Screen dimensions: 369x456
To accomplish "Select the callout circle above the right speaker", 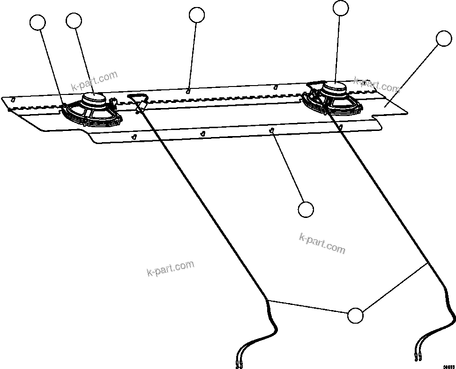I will pyautogui.click(x=341, y=8).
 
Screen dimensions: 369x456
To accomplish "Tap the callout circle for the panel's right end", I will pyautogui.click(x=443, y=39).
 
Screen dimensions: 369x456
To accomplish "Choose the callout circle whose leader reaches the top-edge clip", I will pyautogui.click(x=197, y=15).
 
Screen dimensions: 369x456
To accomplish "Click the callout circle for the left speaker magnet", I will pyautogui.click(x=74, y=20).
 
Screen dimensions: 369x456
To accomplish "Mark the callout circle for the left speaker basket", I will pyautogui.click(x=37, y=22).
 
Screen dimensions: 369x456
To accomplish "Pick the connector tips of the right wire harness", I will pyautogui.click(x=418, y=358).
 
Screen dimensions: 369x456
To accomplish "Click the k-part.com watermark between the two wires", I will pyautogui.click(x=322, y=244).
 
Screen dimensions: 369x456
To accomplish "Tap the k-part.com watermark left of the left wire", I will pyautogui.click(x=170, y=268).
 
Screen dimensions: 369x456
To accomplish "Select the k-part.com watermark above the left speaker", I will pyautogui.click(x=94, y=81).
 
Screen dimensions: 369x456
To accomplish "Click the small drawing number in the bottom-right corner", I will pyautogui.click(x=449, y=366).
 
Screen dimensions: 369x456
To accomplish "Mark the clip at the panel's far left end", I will pyautogui.click(x=13, y=99).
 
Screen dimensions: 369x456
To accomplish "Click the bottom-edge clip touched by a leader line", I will pyautogui.click(x=272, y=131).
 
